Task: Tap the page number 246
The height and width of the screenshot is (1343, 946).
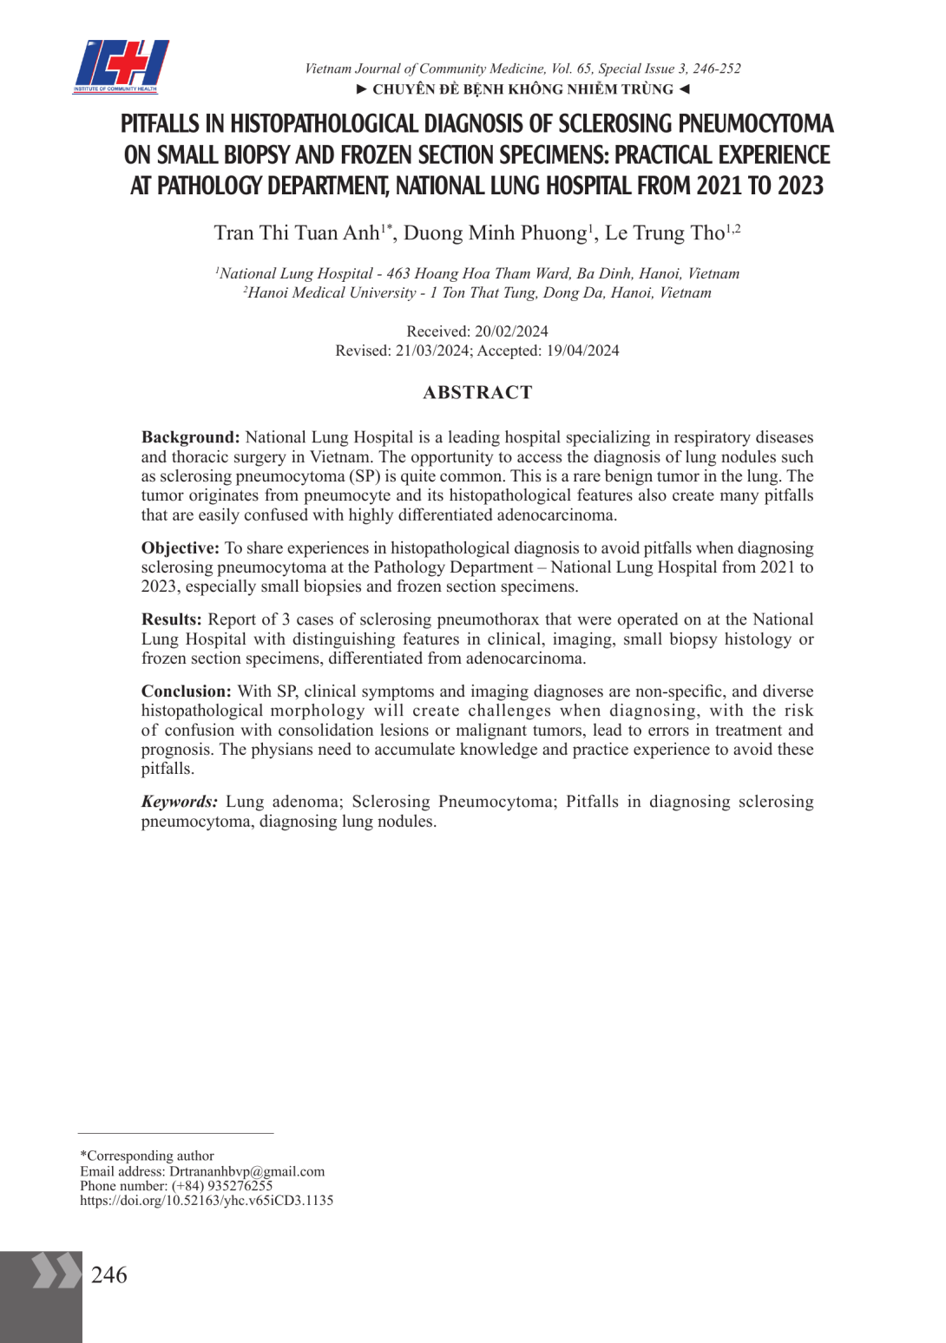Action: click(x=109, y=1274)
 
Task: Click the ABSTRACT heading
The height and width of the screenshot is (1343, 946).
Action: click(x=477, y=392)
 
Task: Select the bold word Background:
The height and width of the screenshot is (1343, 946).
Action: click(x=190, y=437)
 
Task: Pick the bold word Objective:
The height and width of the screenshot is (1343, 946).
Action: click(x=181, y=548)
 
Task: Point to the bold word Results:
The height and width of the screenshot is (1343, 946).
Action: click(x=171, y=619)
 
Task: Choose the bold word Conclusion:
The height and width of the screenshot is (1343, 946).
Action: click(x=186, y=691)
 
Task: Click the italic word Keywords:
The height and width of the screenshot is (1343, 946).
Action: click(x=179, y=802)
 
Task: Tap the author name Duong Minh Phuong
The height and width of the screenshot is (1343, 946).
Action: click(x=495, y=233)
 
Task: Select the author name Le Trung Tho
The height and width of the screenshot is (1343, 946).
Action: click(x=664, y=233)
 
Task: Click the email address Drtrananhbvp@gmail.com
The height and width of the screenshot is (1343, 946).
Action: click(x=246, y=1171)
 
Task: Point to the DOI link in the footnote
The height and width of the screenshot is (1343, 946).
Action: click(x=207, y=1201)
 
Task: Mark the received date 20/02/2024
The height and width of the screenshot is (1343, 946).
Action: click(x=511, y=331)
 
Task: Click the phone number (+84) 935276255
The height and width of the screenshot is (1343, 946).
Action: click(x=221, y=1186)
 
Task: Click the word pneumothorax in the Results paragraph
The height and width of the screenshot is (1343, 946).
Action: click(x=488, y=619)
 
